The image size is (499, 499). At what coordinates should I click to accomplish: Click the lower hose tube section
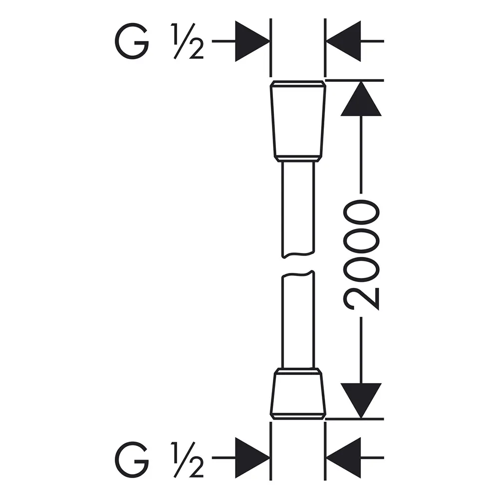[x=298, y=319]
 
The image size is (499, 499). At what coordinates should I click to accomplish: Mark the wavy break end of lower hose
[x=298, y=274]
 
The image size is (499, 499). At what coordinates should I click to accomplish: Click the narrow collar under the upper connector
[x=298, y=159]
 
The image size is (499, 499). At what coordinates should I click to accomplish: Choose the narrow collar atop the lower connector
[x=298, y=371]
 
